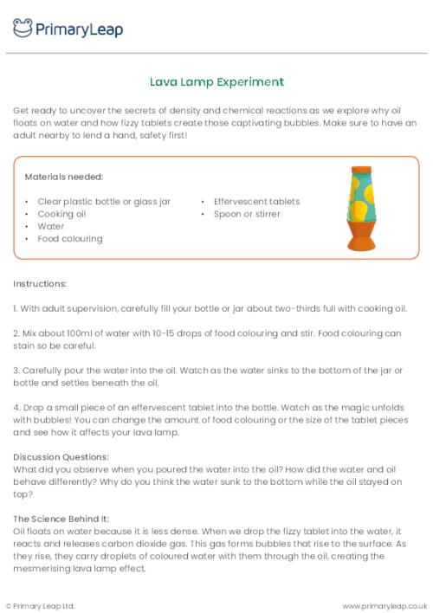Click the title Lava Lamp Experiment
click(x=216, y=82)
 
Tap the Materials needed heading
click(x=63, y=177)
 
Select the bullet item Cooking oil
click(x=61, y=214)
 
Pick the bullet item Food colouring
click(x=70, y=238)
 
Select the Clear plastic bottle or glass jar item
click(x=104, y=202)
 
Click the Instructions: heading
click(x=41, y=283)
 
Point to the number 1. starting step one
click(x=16, y=308)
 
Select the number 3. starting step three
click(x=16, y=370)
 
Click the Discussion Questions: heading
click(x=61, y=457)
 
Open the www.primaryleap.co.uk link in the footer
click(x=385, y=605)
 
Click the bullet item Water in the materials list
click(x=50, y=226)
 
